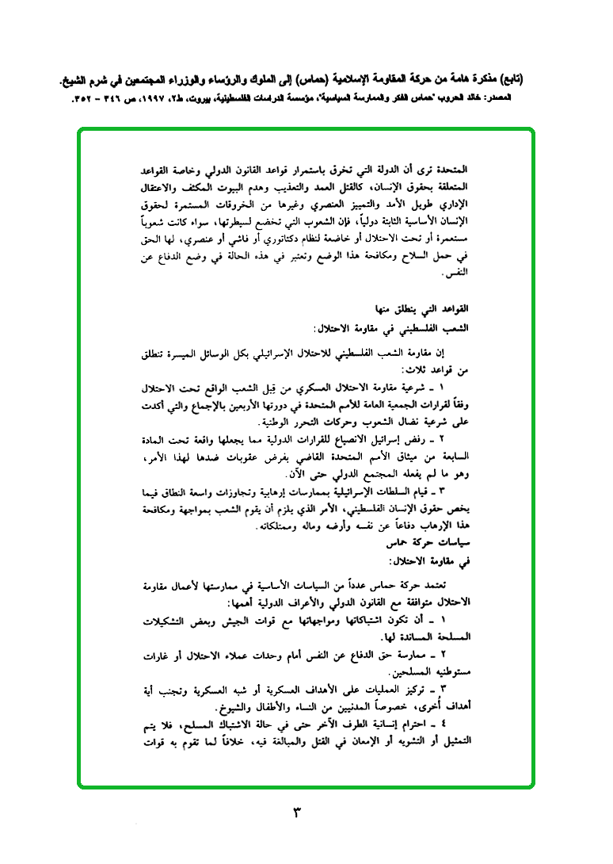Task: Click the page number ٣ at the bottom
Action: point(299,813)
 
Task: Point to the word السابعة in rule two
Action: point(455,456)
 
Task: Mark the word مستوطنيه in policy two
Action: point(451,672)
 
